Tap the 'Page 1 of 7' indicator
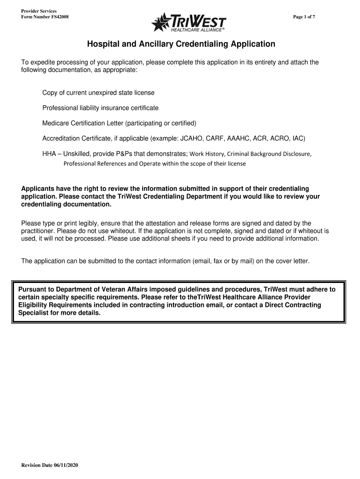coord(307,17)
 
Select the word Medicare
coord(56,123)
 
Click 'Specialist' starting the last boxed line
coord(34,313)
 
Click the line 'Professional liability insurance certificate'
coord(101,108)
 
